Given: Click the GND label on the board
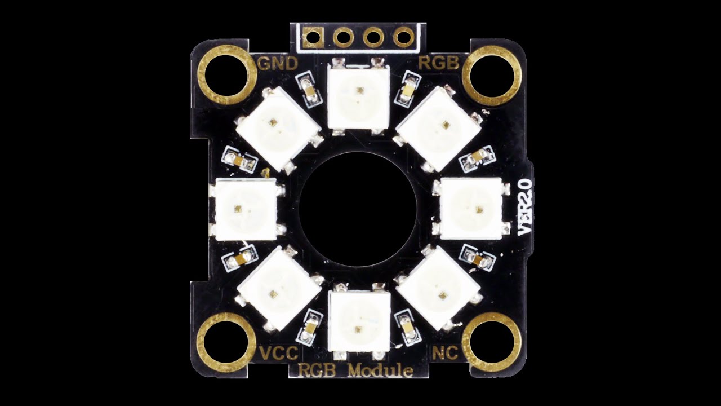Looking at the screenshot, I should pyautogui.click(x=277, y=63).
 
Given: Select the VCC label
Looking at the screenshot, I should pyautogui.click(x=278, y=354).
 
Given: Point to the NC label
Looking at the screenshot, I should pyautogui.click(x=444, y=354).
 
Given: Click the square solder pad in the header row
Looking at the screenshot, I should pyautogui.click(x=313, y=38).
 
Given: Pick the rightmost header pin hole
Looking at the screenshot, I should pyautogui.click(x=404, y=38).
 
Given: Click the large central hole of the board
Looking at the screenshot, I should pyautogui.click(x=358, y=209).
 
